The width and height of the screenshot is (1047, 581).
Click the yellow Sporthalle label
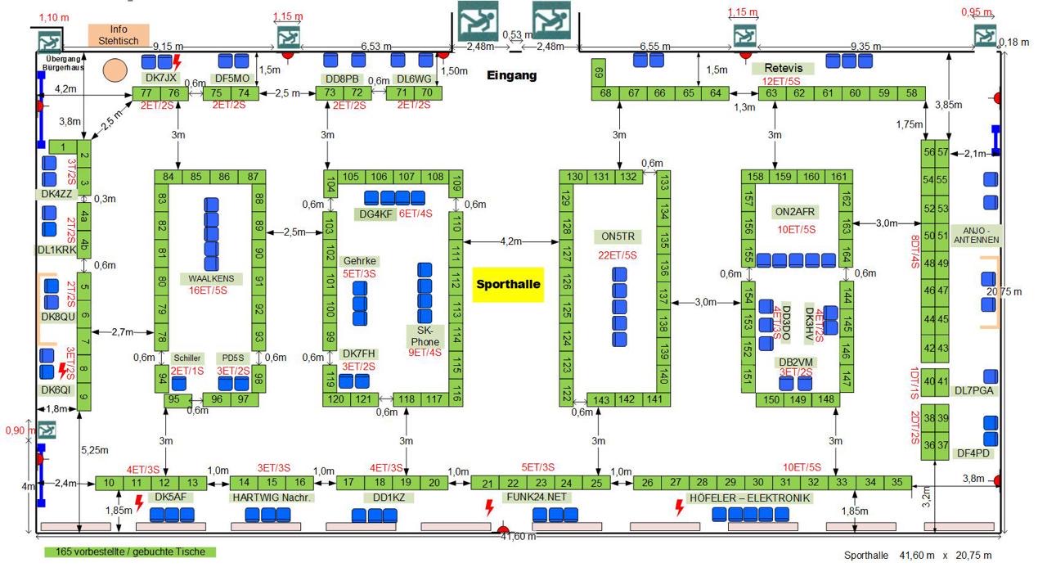tap(507, 285)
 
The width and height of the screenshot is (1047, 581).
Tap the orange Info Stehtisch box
tap(119, 35)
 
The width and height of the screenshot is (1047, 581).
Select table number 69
tap(599, 72)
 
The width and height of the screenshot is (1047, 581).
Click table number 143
tap(601, 400)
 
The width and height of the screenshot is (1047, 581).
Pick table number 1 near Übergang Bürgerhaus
tap(62, 147)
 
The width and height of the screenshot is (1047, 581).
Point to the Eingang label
tap(512, 75)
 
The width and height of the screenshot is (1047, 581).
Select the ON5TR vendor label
tap(618, 236)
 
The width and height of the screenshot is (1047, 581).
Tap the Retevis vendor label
tap(783, 68)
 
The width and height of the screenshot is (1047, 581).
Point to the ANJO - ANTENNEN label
tap(977, 235)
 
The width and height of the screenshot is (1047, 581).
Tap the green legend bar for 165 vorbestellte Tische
tap(130, 552)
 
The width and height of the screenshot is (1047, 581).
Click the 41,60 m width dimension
tap(519, 537)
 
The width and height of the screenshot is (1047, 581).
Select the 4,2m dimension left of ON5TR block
tap(510, 241)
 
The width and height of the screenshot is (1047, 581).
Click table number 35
tap(897, 483)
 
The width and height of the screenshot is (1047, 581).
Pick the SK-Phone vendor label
tap(425, 336)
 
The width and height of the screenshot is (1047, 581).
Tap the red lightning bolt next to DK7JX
tap(176, 62)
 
